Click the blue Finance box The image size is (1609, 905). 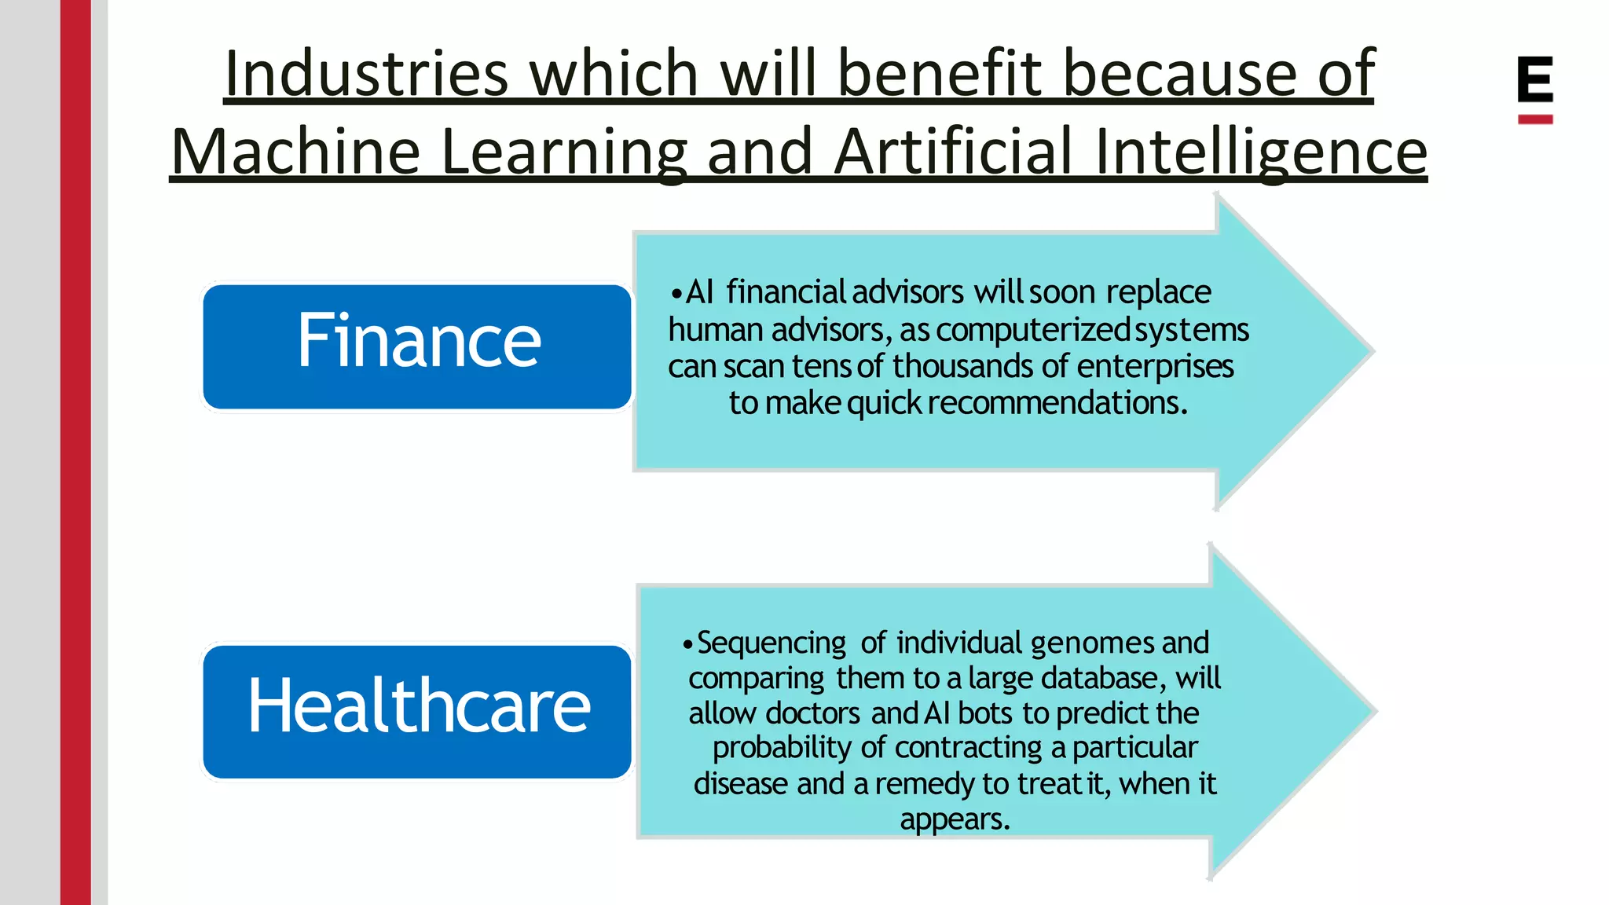click(417, 346)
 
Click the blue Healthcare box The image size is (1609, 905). click(417, 712)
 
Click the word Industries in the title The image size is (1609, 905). click(367, 74)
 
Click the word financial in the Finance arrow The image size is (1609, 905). click(785, 292)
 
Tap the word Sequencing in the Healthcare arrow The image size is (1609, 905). click(772, 643)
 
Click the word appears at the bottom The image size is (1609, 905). click(954, 819)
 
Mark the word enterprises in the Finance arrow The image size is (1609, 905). click(1155, 366)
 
